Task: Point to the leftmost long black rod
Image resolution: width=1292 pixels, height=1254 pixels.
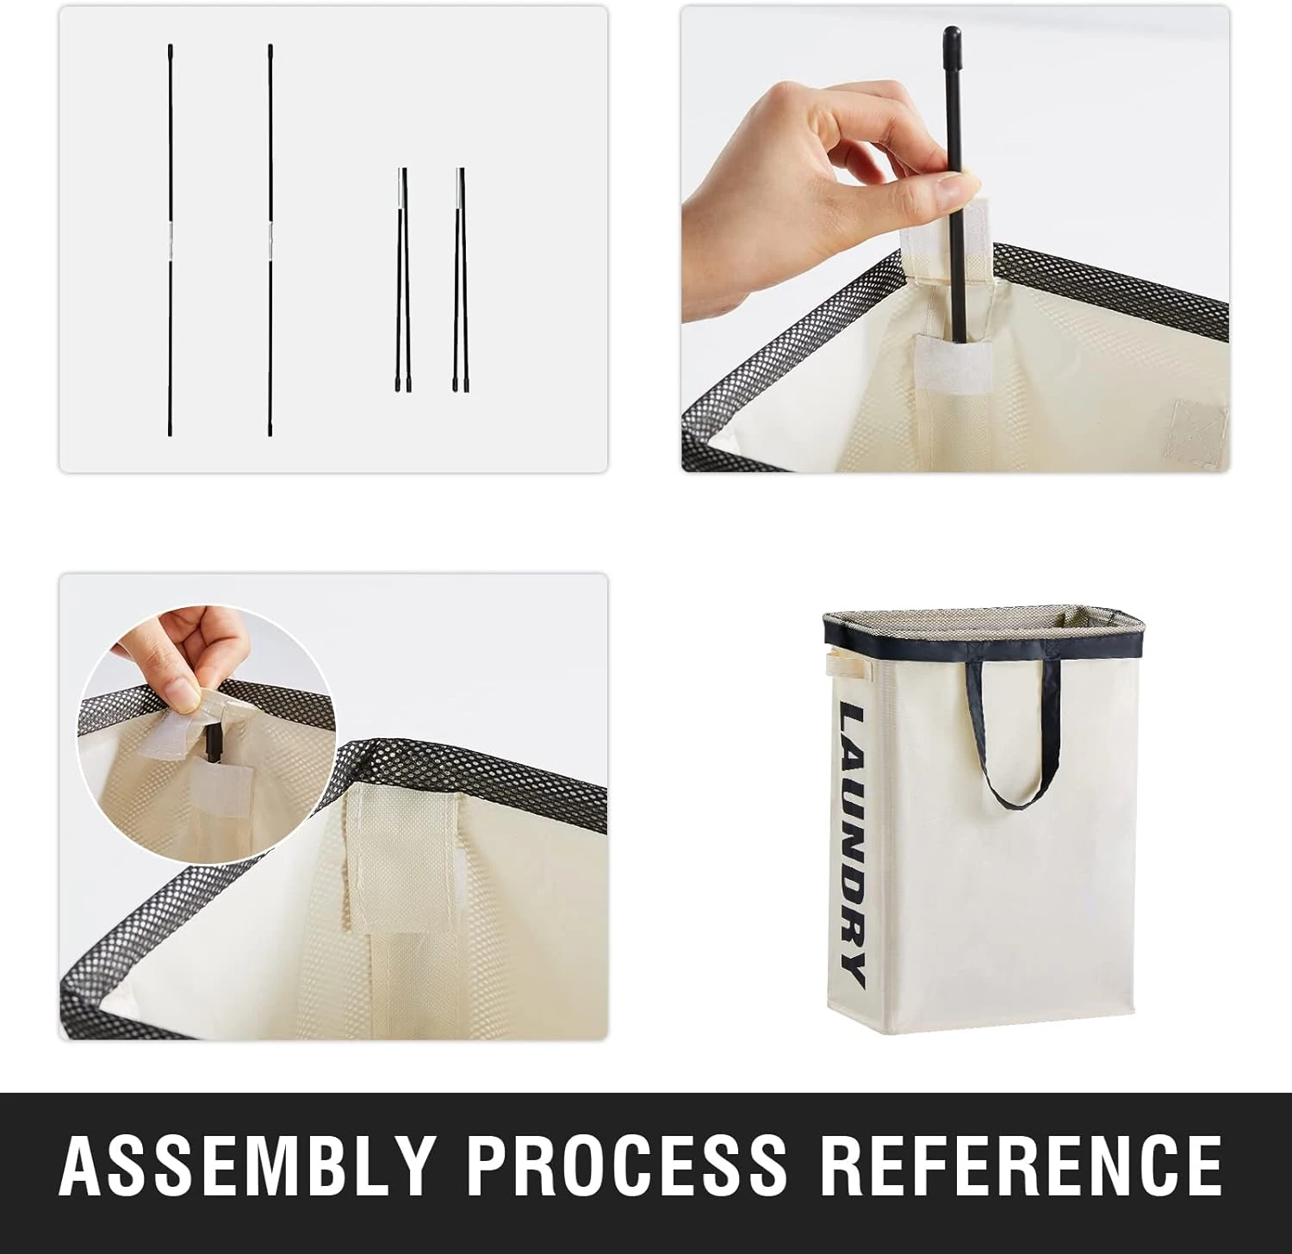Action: point(171,239)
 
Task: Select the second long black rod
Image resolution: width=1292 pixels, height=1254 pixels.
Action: point(270,239)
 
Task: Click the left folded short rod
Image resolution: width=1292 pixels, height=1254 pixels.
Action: point(402,280)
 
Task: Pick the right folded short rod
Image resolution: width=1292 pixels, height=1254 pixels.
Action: point(461,280)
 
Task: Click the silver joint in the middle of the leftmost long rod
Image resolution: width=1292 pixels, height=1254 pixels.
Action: point(171,242)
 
